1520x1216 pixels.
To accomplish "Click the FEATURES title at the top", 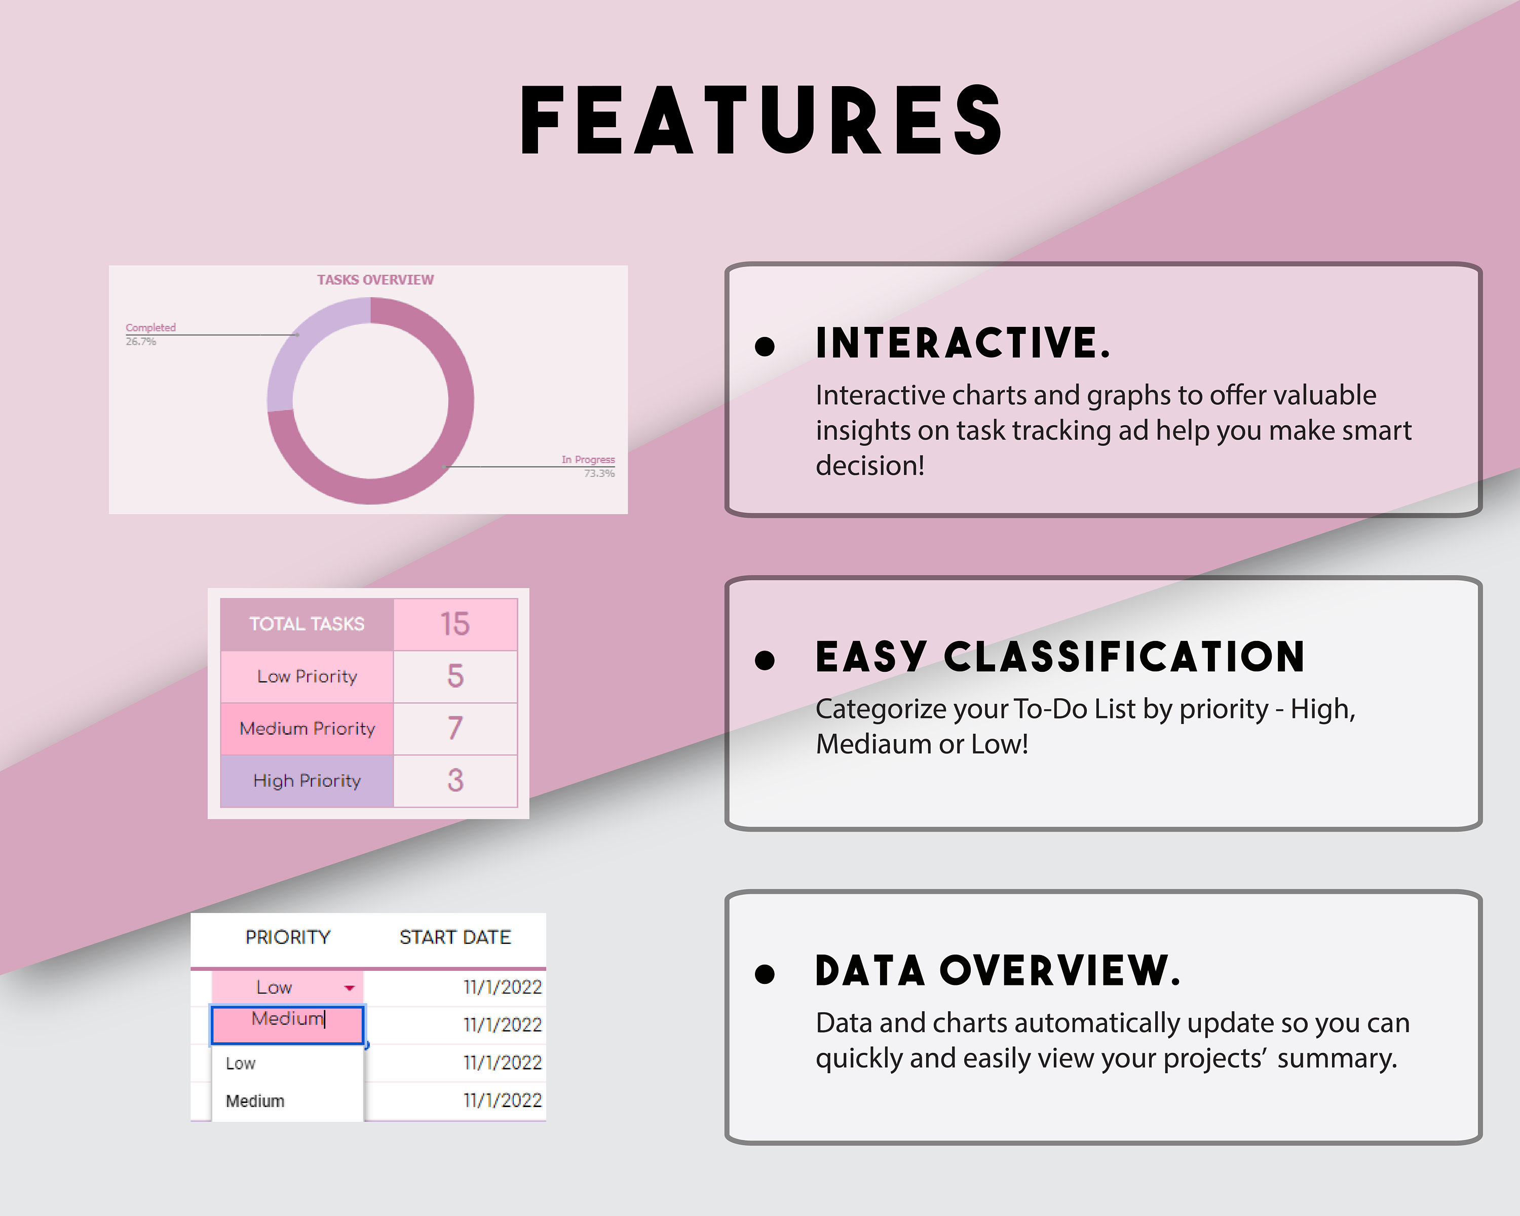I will pyautogui.click(x=761, y=120).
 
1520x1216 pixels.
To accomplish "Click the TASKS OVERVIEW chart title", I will pyautogui.click(x=375, y=280).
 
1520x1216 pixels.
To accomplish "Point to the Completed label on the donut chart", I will pyautogui.click(x=150, y=328).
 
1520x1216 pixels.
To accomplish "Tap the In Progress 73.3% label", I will pyautogui.click(x=588, y=466).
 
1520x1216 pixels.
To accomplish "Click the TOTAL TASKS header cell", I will pyautogui.click(x=307, y=624).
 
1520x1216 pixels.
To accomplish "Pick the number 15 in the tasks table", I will pyautogui.click(x=454, y=624).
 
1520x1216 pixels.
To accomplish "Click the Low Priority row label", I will pyautogui.click(x=307, y=677).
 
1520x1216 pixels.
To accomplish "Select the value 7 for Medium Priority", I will pyautogui.click(x=454, y=728).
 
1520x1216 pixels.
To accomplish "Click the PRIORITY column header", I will pyautogui.click(x=288, y=937).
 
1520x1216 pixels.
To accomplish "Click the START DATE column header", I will pyautogui.click(x=454, y=937).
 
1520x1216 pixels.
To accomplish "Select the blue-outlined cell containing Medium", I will pyautogui.click(x=288, y=1024).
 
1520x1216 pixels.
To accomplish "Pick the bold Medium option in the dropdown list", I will pyautogui.click(x=255, y=1101).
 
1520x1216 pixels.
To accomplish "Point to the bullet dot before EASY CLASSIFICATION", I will pyautogui.click(x=764, y=660).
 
